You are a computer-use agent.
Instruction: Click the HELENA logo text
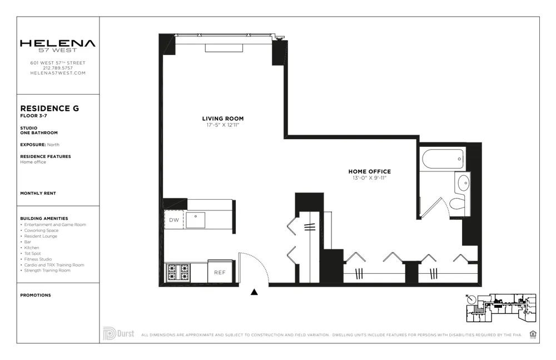[58, 43]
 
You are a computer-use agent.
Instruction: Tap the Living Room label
[222, 119]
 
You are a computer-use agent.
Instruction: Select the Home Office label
[369, 171]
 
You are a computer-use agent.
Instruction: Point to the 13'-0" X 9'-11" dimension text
[369, 178]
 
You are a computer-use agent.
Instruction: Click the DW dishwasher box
[174, 220]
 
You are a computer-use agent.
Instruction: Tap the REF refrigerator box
[220, 273]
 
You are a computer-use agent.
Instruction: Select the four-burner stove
[178, 272]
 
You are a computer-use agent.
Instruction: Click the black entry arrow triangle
[254, 292]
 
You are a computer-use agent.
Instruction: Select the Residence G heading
[49, 109]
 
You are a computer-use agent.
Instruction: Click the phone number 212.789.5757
[58, 68]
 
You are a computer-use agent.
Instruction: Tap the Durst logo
[118, 333]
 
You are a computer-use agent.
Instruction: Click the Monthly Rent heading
[38, 193]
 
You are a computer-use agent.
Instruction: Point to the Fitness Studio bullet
[39, 259]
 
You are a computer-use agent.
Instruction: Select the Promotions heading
[35, 295]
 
